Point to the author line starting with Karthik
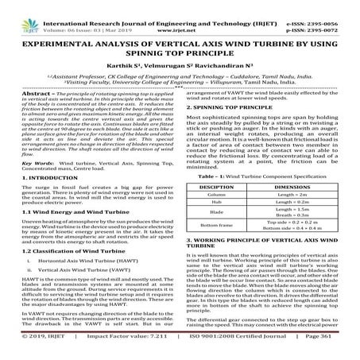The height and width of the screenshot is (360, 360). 180,59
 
